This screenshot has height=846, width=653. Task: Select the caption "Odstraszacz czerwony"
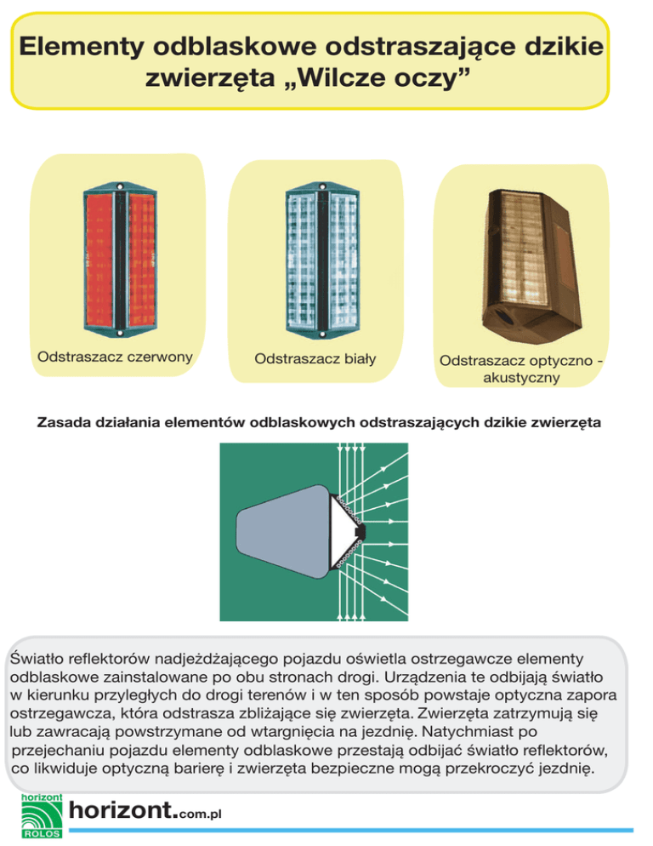coord(115,356)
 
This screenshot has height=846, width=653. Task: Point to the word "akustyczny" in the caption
coord(521,378)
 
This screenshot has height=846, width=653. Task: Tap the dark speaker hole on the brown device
coord(503,318)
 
